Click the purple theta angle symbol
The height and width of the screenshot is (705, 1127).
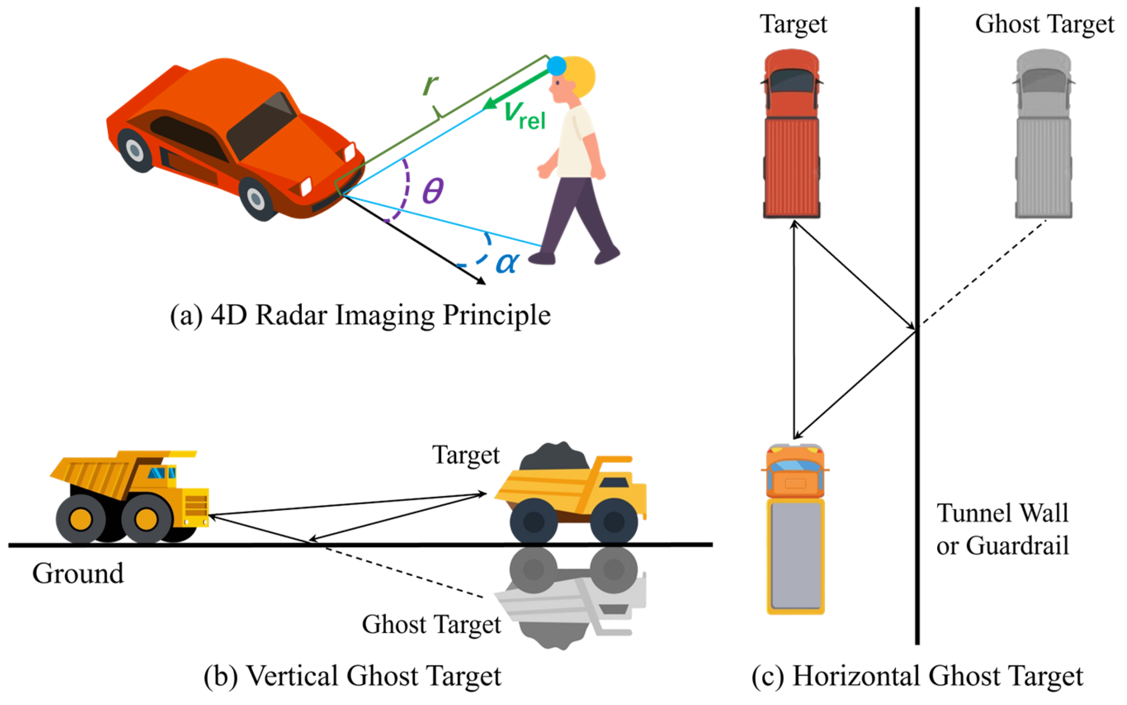433,191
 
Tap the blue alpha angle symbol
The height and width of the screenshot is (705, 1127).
507,263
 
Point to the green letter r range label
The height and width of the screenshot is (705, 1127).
430,84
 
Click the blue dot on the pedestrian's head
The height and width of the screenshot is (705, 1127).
556,66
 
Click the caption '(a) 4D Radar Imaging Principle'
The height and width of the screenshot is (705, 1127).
360,316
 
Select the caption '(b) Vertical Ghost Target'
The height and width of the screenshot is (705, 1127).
353,676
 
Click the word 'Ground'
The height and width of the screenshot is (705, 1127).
78,573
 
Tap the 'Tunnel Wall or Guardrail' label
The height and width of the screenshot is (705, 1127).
1002,529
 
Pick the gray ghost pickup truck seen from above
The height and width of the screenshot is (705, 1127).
1043,135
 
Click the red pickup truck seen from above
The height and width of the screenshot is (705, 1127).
792,135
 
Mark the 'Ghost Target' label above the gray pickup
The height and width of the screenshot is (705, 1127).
1045,24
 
